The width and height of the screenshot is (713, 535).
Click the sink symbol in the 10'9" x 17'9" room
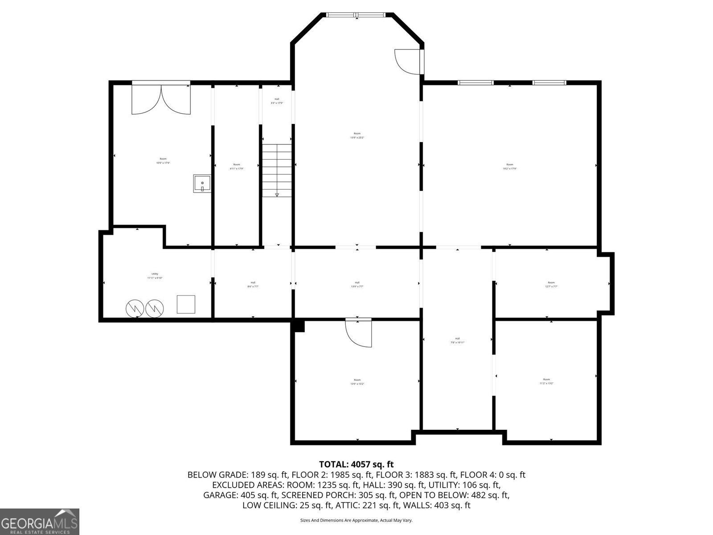(x=202, y=184)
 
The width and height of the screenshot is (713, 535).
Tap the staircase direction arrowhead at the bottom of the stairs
(x=277, y=194)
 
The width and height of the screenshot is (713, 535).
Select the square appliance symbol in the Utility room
(x=186, y=304)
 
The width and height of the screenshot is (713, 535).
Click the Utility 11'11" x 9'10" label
(x=155, y=276)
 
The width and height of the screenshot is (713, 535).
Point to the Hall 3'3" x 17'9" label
(x=277, y=101)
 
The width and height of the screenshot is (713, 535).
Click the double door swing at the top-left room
(x=161, y=100)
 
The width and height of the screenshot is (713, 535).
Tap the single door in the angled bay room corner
(x=407, y=62)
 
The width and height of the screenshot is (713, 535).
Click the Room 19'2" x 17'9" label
(x=509, y=167)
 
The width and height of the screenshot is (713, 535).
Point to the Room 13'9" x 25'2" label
(x=357, y=136)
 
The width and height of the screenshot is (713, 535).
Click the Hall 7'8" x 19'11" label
(x=457, y=340)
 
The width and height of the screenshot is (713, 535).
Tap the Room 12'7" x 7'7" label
(x=551, y=284)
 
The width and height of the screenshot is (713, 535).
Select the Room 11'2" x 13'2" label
(x=546, y=381)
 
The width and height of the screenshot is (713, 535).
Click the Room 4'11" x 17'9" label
(x=236, y=166)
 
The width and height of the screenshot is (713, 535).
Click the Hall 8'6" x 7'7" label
(x=253, y=284)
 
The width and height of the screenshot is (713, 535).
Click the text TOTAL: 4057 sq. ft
(x=356, y=465)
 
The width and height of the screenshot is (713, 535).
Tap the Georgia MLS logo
(x=39, y=521)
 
